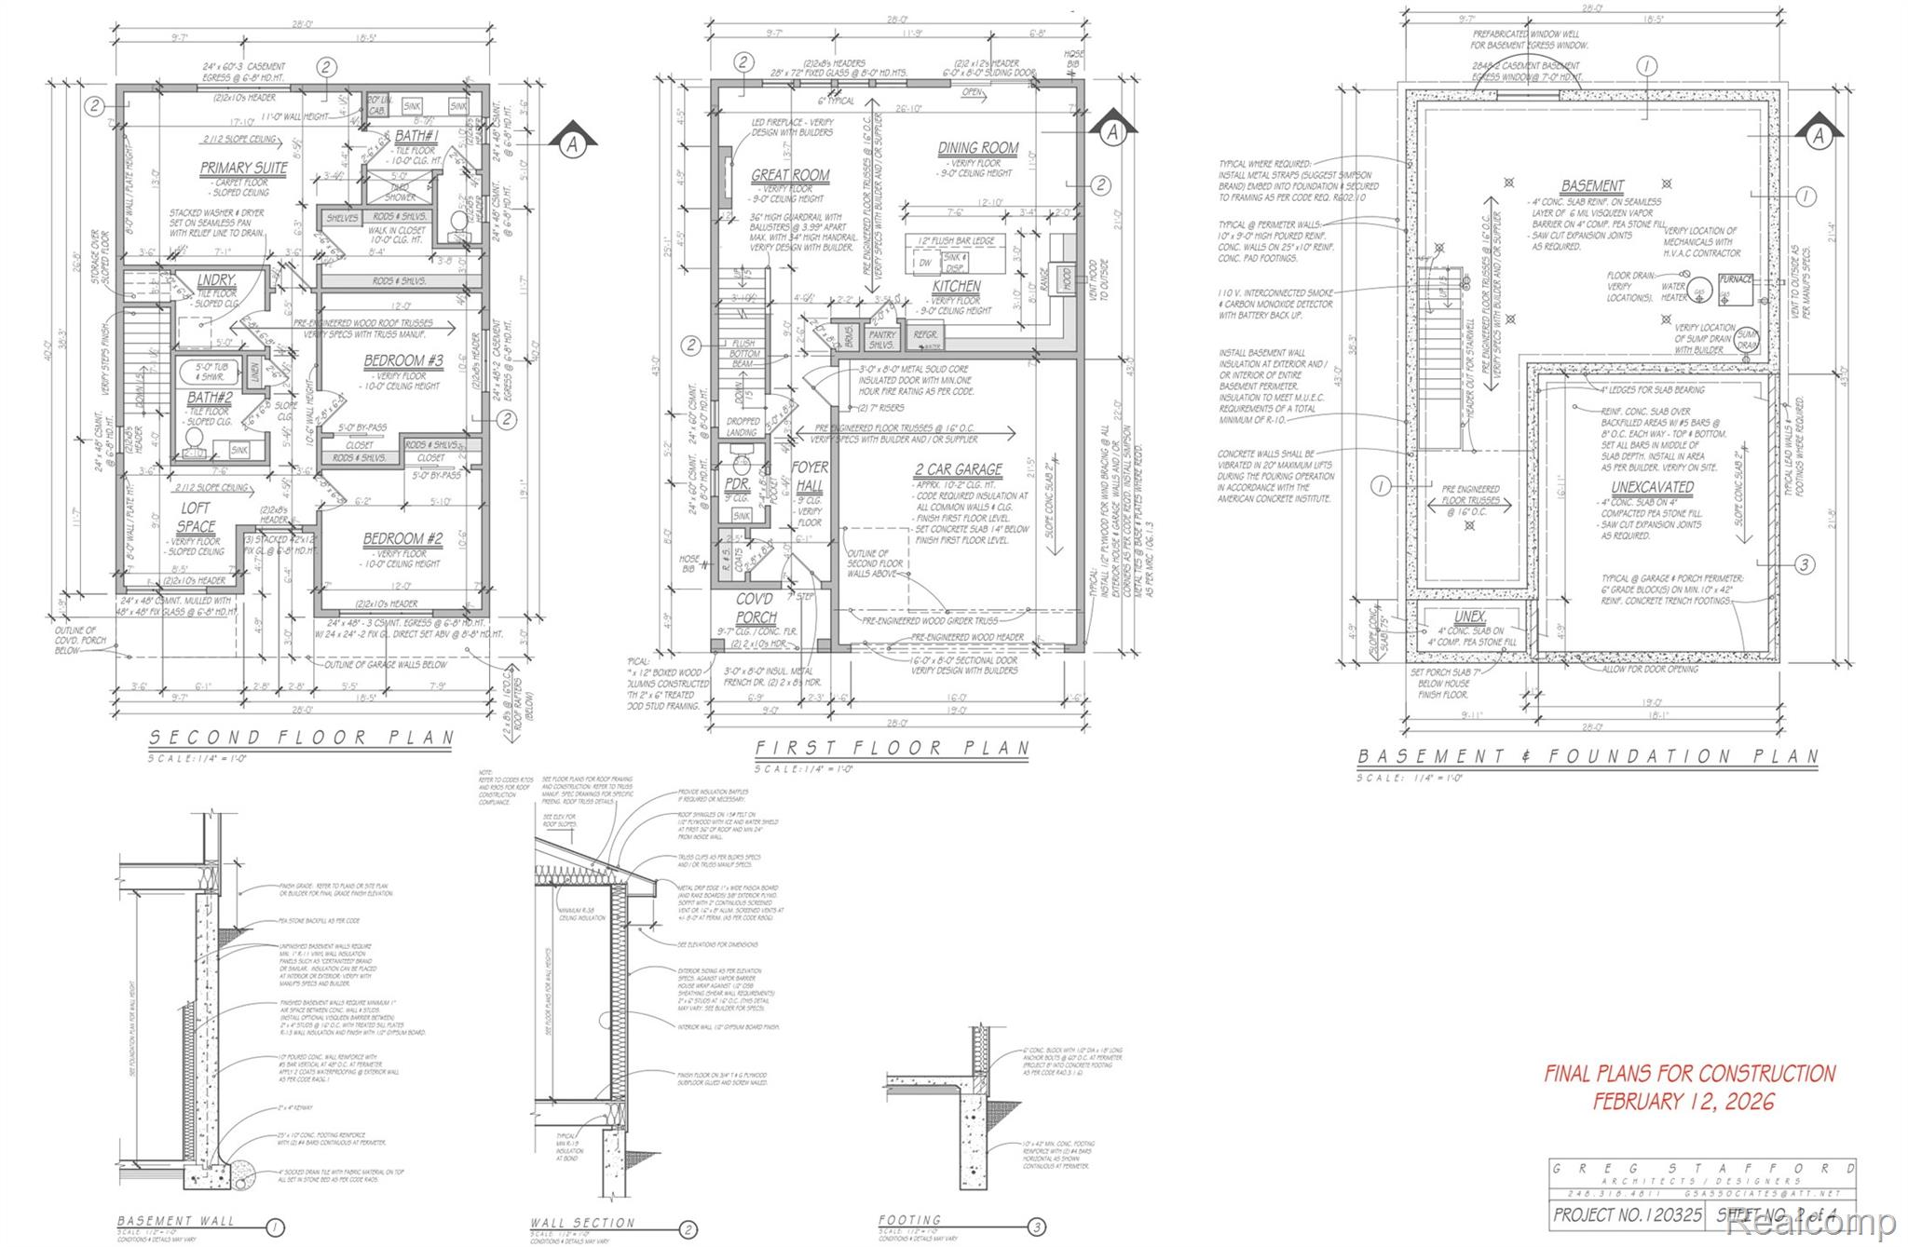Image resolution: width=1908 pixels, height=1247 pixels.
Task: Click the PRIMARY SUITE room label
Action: pos(244,168)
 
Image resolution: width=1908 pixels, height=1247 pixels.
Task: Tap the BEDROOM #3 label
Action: pos(402,360)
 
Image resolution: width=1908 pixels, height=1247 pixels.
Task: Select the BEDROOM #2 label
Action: pos(402,538)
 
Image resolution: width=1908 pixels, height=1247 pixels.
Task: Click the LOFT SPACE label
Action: pos(196,517)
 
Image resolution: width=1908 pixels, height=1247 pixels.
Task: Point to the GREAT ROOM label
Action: pos(790,175)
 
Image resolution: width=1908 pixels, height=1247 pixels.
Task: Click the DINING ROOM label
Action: pos(977,148)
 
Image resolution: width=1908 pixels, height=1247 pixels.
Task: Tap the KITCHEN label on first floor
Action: pos(957,286)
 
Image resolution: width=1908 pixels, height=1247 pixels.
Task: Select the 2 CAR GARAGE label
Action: pos(958,469)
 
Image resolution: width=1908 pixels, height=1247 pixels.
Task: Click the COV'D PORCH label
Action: pos(756,607)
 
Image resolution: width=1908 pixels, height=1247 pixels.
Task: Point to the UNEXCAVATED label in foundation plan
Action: pos(1652,487)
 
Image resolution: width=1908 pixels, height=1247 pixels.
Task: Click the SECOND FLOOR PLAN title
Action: pos(302,738)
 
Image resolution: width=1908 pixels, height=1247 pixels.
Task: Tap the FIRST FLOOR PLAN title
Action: pos(892,748)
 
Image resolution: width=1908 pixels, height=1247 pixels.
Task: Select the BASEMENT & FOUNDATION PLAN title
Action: pos(1587,757)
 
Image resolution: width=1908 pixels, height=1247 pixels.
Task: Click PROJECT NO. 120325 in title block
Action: pos(1627,1214)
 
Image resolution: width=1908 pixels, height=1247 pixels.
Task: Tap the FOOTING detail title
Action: pos(909,1219)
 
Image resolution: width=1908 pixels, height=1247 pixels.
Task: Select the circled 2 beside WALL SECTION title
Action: pos(688,1230)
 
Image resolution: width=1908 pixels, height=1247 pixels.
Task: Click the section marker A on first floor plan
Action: pos(1111,132)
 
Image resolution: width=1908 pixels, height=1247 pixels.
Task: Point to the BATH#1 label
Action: pos(416,136)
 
